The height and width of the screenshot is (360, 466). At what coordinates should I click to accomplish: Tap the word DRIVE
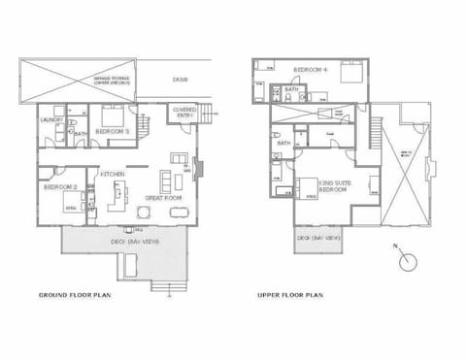(180, 79)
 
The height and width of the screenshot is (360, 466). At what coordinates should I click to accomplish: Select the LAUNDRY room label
(50, 119)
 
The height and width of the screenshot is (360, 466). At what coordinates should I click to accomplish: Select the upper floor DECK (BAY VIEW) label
(317, 237)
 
